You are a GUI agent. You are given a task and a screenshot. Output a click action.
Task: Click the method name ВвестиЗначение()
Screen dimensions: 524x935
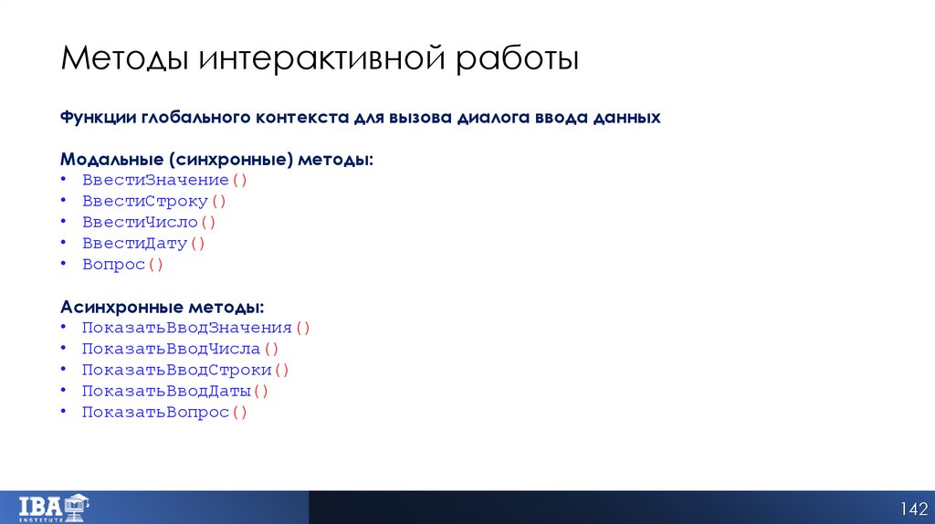coord(165,180)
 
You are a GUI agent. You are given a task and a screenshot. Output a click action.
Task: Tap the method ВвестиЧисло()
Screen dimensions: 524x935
coord(149,222)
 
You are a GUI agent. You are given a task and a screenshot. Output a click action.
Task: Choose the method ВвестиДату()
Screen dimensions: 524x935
coord(144,243)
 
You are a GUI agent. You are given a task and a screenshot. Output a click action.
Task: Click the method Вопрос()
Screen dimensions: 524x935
coord(122,264)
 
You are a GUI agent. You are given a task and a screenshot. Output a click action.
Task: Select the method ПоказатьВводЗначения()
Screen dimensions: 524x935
coord(196,327)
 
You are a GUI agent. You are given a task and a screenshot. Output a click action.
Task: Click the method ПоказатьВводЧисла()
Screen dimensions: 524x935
coord(180,348)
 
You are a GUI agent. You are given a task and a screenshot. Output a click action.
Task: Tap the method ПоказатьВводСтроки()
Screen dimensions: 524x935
coord(185,370)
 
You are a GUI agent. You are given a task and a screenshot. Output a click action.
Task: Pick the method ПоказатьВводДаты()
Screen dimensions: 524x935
coord(175,391)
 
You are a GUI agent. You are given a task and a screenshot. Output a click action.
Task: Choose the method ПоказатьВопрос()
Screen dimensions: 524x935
coord(165,412)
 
